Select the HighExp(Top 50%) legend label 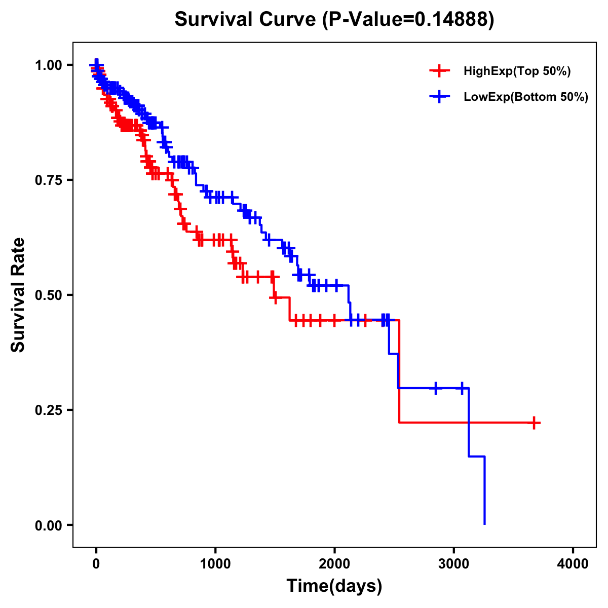click(517, 71)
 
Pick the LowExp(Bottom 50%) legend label click(526, 97)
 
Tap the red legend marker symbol click(439, 71)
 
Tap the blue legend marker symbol click(439, 96)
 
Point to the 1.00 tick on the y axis click(49, 65)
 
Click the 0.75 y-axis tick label click(49, 180)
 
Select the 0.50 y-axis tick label click(49, 295)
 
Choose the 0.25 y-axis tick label click(49, 410)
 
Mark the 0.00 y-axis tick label click(49, 525)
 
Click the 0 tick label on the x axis click(96, 564)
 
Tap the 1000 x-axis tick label click(215, 564)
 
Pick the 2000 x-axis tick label click(334, 564)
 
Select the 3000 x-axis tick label click(454, 564)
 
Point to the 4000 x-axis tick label click(573, 564)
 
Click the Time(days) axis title click(334, 586)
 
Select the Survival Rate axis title click(18, 295)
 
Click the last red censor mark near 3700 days click(534, 423)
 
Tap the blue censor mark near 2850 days click(435, 388)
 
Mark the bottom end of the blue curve click(485, 523)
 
